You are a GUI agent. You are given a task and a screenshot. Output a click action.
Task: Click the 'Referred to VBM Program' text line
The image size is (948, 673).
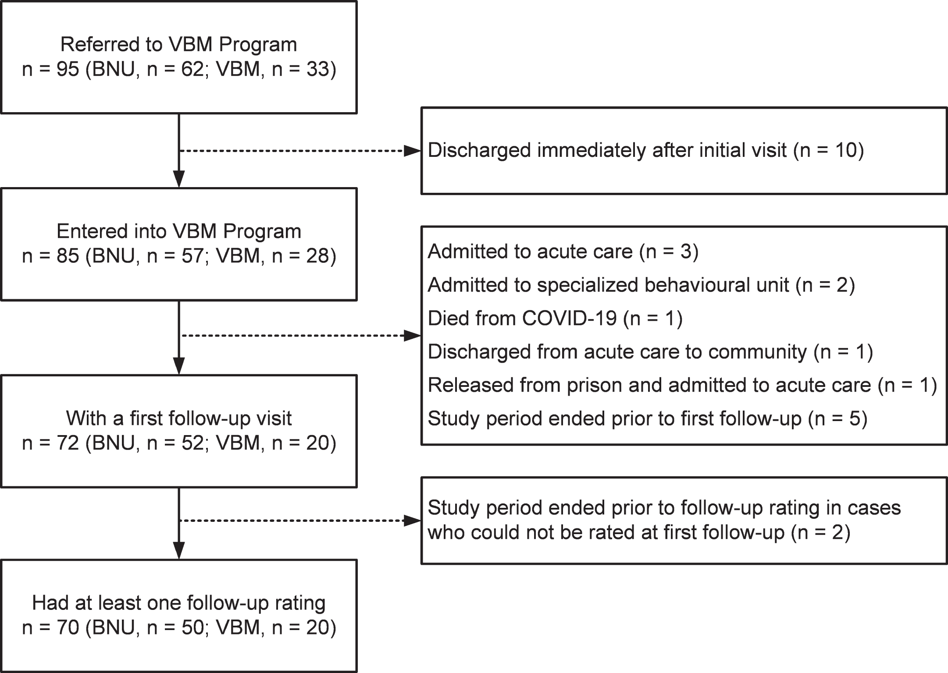tap(179, 45)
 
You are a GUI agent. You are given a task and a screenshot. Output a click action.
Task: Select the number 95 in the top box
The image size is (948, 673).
tap(68, 69)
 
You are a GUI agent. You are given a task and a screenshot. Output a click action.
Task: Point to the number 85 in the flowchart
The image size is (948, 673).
tap(68, 256)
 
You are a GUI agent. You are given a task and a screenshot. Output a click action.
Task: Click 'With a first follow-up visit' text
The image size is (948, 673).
tap(179, 418)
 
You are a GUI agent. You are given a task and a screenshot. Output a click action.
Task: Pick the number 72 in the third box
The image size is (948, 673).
tap(68, 443)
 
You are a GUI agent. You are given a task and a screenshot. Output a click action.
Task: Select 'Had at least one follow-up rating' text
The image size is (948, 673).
tap(179, 603)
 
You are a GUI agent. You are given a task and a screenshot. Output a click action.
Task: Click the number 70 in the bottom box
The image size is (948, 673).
tap(68, 628)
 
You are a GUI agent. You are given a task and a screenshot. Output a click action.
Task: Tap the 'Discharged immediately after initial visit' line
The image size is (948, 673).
tap(646, 150)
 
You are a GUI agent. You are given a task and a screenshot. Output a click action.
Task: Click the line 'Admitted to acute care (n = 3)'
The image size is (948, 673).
tap(563, 251)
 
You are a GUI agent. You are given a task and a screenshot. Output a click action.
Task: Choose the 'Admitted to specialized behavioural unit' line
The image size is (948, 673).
tap(642, 285)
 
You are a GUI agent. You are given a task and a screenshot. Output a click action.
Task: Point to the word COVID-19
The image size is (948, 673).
tap(569, 318)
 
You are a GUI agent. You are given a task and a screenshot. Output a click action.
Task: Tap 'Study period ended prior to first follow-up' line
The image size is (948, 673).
tap(648, 418)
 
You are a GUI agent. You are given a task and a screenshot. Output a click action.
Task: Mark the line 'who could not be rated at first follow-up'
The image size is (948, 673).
tap(639, 532)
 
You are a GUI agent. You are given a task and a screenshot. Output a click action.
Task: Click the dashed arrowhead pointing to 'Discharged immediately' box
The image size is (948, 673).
tap(412, 151)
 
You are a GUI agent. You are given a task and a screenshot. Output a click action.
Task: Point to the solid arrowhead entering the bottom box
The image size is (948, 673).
tap(179, 551)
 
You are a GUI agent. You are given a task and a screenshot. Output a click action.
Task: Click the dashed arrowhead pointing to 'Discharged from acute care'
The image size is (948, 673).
tap(412, 336)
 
